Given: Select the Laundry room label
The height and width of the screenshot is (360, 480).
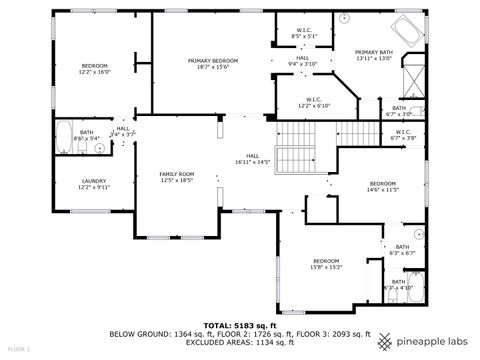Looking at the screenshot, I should [x=94, y=183].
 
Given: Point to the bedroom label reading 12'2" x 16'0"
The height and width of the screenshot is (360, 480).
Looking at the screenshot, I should [x=94, y=69].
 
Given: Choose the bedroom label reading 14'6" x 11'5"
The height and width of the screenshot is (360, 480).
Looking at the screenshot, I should [x=383, y=186].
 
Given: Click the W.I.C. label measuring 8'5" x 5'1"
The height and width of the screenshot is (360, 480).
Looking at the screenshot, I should [x=305, y=33].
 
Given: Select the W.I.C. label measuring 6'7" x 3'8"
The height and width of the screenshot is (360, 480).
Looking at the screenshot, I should [x=403, y=134].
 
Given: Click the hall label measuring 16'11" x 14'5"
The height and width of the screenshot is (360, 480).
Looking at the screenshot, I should [x=253, y=158].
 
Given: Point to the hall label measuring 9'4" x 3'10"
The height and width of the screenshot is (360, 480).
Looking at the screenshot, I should [x=302, y=61].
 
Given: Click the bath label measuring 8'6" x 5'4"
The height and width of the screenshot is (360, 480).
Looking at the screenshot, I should [x=87, y=135].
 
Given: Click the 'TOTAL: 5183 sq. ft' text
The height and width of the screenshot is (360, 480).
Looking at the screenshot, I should [x=239, y=325].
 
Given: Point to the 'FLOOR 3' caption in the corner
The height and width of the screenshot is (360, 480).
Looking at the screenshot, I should [x=17, y=349].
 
